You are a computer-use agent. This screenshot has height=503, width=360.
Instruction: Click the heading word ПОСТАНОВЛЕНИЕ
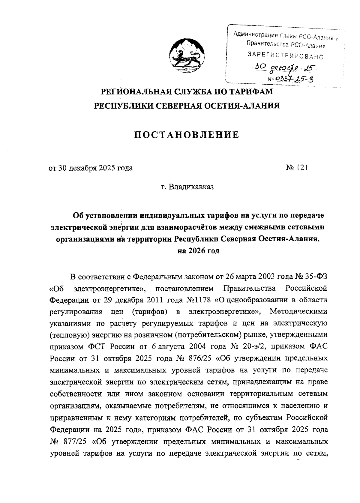186,135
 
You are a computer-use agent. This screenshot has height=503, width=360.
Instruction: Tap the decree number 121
302,168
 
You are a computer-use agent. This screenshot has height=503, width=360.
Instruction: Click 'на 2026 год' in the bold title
199,251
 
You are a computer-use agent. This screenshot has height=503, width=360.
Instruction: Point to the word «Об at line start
57,288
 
